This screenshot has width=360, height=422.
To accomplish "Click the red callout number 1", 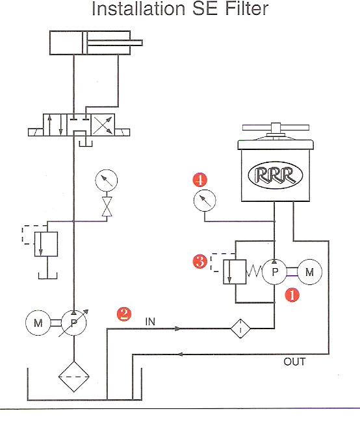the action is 292,295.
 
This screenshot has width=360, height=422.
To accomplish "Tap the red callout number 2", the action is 124,314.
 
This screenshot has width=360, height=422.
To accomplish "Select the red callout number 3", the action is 200,262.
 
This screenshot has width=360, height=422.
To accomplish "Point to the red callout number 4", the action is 200,180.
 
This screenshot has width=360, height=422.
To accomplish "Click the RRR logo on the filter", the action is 275,175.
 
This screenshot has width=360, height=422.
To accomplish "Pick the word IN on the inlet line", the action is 150,321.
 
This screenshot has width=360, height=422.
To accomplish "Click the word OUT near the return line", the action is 294,362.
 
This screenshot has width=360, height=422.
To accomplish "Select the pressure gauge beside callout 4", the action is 205,201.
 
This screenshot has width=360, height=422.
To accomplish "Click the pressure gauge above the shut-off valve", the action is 107,180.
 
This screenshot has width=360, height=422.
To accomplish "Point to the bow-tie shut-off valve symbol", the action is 107,206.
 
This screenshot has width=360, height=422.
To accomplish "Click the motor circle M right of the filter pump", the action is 309,272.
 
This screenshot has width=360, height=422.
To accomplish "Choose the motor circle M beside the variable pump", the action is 38,323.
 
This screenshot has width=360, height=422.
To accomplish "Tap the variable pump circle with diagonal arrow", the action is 74,323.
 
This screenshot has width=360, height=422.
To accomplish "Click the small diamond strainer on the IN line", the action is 240,329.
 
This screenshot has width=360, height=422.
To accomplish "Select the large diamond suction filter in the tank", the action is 74,377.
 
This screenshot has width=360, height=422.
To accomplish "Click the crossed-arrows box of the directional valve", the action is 103,125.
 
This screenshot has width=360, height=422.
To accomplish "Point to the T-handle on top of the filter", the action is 276,129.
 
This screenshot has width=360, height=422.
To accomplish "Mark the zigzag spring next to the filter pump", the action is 254,271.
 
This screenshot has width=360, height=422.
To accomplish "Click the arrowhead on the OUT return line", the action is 180,354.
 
